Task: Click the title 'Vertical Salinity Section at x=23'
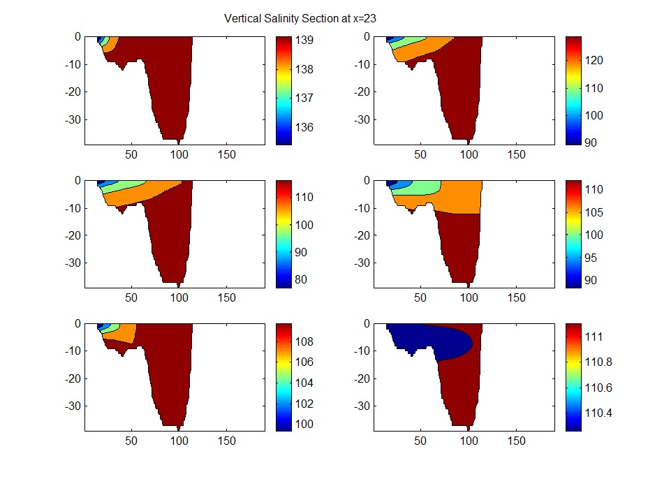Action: click(300, 19)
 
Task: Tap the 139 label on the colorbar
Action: click(304, 40)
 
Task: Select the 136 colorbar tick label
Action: click(304, 127)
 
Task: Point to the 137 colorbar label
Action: click(304, 98)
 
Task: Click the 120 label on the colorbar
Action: click(594, 60)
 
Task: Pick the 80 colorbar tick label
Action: click(301, 280)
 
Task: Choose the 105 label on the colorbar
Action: click(594, 212)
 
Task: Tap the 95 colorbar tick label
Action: click(591, 258)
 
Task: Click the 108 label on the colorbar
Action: click(304, 341)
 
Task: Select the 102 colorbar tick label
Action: click(304, 404)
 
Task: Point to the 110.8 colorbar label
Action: click(598, 362)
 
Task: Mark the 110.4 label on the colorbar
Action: click(598, 413)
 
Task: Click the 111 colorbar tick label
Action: click(594, 337)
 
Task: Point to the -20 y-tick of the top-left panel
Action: click(73, 91)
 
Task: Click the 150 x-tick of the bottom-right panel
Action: click(517, 441)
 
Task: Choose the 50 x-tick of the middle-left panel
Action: click(131, 298)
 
